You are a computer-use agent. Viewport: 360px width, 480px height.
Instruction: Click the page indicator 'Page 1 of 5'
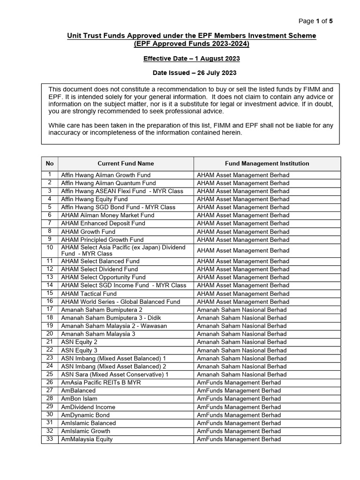pyautogui.click(x=315, y=21)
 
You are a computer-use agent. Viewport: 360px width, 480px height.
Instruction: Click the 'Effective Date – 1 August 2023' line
pyautogui.click(x=191, y=59)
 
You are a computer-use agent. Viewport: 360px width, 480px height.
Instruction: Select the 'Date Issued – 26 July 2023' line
pyautogui.click(x=191, y=73)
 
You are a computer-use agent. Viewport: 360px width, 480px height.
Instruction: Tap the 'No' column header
pyautogui.click(x=50, y=164)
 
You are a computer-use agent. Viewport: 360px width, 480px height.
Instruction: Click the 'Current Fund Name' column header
pyautogui.click(x=126, y=164)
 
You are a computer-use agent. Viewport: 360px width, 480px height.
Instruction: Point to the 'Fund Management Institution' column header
pyautogui.click(x=267, y=164)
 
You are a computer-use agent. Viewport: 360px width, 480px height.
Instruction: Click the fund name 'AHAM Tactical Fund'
pyautogui.click(x=89, y=293)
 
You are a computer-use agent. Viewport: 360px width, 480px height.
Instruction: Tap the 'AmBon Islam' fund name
pyautogui.click(x=79, y=398)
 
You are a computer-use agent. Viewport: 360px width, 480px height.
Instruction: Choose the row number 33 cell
pyautogui.click(x=50, y=439)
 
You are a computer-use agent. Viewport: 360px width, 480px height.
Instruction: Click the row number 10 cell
pyautogui.click(x=50, y=247)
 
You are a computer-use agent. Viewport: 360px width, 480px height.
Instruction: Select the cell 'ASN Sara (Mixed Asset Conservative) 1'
pyautogui.click(x=115, y=375)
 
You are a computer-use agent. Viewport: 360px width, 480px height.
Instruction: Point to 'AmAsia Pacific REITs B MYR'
pyautogui.click(x=101, y=382)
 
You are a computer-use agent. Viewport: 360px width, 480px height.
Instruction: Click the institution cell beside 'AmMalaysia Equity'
pyautogui.click(x=239, y=439)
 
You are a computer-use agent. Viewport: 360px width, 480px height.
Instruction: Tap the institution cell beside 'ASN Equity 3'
pyautogui.click(x=241, y=350)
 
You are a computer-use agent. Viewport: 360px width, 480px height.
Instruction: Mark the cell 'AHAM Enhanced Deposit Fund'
pyautogui.click(x=103, y=223)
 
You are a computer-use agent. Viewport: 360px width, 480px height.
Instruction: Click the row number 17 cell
pyautogui.click(x=50, y=309)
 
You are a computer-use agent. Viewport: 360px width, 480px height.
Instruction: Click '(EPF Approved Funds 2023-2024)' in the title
pyautogui.click(x=191, y=44)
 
